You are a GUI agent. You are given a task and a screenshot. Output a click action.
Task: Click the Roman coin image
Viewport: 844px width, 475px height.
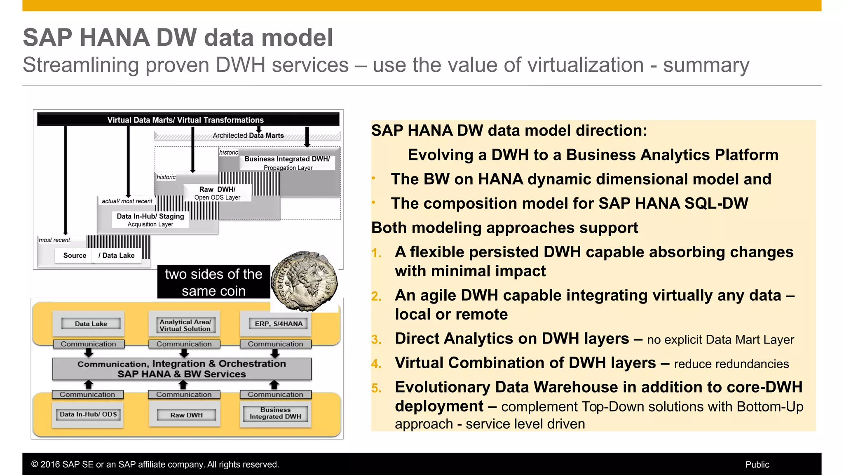pyautogui.click(x=305, y=281)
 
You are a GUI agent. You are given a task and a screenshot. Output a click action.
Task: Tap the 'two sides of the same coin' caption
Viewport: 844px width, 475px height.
pyautogui.click(x=213, y=282)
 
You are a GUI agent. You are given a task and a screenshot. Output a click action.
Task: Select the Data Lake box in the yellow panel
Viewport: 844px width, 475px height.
pyautogui.click(x=91, y=324)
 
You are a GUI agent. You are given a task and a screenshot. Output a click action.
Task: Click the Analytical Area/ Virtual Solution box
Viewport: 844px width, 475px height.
pyautogui.click(x=185, y=325)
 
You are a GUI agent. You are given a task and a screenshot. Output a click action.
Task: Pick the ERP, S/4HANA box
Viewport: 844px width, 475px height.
pyautogui.click(x=279, y=324)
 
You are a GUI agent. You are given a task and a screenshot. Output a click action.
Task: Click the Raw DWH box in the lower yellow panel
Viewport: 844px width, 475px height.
pyautogui.click(x=186, y=415)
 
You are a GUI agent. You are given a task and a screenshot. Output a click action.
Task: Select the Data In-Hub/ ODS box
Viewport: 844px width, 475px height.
pyautogui.click(x=88, y=414)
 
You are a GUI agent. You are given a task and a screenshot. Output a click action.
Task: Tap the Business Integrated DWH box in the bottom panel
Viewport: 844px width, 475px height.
pyautogui.click(x=275, y=413)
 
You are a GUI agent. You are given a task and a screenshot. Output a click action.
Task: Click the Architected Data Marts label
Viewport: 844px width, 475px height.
pyautogui.click(x=248, y=135)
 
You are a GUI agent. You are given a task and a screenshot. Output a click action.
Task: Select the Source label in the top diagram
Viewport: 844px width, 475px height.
pyautogui.click(x=75, y=256)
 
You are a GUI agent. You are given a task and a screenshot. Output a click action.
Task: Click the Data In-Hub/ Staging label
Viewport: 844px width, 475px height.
pyautogui.click(x=150, y=216)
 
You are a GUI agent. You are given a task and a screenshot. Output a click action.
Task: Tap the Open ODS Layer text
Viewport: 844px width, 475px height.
pyautogui.click(x=217, y=198)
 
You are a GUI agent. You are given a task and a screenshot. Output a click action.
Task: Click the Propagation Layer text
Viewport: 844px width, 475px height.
pyautogui.click(x=288, y=168)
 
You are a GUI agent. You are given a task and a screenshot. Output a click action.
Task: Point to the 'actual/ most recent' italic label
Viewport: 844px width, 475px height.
pyautogui.click(x=127, y=201)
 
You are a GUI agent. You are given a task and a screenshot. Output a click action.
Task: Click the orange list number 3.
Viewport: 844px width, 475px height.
pyautogui.click(x=376, y=340)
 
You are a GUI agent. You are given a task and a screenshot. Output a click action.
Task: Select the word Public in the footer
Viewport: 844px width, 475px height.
pyautogui.click(x=757, y=465)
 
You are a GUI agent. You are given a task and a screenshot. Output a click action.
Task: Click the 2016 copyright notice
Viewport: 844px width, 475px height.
pyautogui.click(x=155, y=465)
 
